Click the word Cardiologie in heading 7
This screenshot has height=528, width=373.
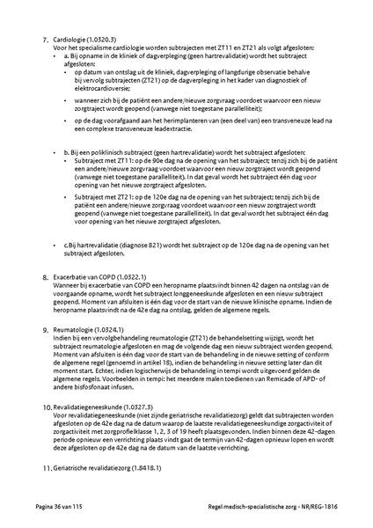(69, 40)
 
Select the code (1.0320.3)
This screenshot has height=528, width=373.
(106, 40)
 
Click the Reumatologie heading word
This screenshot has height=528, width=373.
(72, 328)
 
